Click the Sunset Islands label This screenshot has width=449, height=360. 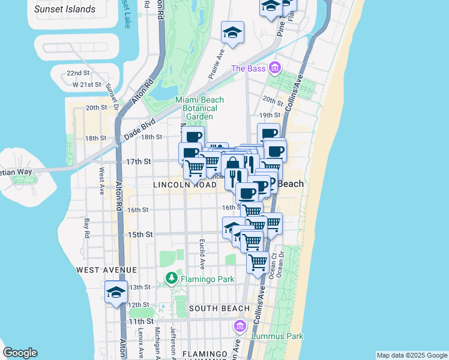(x=65, y=9)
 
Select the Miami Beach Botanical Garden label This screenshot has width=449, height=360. (x=199, y=108)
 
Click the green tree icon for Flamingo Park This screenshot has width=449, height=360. (x=171, y=278)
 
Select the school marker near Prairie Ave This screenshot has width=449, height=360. (x=232, y=32)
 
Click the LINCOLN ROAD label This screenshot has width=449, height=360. (x=184, y=185)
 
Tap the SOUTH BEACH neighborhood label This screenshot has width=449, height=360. (x=219, y=308)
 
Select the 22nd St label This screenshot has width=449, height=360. (x=78, y=73)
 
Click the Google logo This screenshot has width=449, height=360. (x=20, y=353)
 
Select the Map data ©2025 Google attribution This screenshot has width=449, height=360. (x=411, y=355)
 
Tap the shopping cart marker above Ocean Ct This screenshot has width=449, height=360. (x=258, y=262)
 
